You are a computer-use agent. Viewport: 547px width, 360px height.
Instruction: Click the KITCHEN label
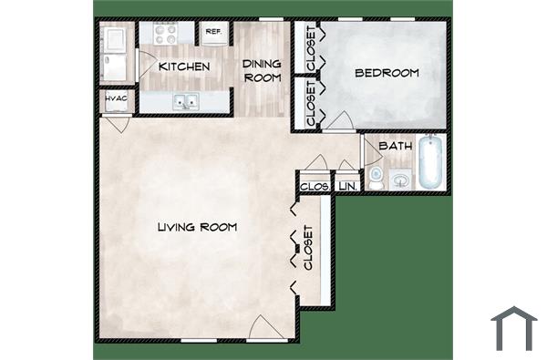184,67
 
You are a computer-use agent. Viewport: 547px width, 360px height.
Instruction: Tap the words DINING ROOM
261,70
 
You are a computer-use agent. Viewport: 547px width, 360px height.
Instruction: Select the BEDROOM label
387,73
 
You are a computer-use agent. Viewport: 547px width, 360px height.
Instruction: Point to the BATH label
395,146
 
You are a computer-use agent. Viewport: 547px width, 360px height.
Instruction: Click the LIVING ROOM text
196,227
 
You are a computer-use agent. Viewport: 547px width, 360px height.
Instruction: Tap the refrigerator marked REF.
214,33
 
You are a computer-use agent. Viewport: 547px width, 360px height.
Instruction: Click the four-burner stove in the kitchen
168,35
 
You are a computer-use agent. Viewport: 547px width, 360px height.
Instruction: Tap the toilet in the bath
377,174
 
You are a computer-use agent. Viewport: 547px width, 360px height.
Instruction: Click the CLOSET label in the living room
308,248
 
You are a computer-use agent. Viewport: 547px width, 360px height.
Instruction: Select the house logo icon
513,327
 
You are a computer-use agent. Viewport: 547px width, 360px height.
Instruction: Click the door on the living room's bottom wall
261,327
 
